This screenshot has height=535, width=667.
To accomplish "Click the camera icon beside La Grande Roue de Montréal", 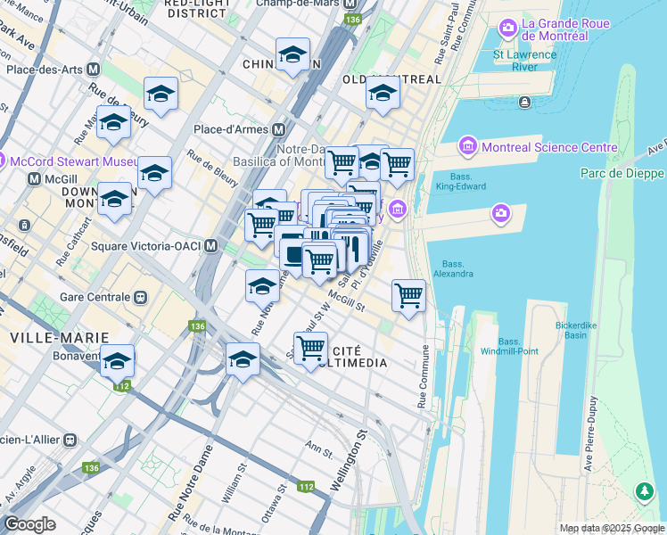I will [x=508, y=29].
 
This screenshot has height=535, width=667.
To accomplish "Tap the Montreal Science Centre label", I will [x=548, y=147].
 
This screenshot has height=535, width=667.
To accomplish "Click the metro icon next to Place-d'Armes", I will [x=279, y=129].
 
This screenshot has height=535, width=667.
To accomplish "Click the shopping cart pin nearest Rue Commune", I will [x=408, y=294].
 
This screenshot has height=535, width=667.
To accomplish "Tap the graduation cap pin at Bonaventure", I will [x=117, y=361].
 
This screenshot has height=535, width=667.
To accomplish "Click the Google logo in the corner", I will [x=29, y=524].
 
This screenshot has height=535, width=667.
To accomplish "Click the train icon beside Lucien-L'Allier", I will [x=70, y=440].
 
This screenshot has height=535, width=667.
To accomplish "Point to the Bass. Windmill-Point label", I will [x=518, y=346].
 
